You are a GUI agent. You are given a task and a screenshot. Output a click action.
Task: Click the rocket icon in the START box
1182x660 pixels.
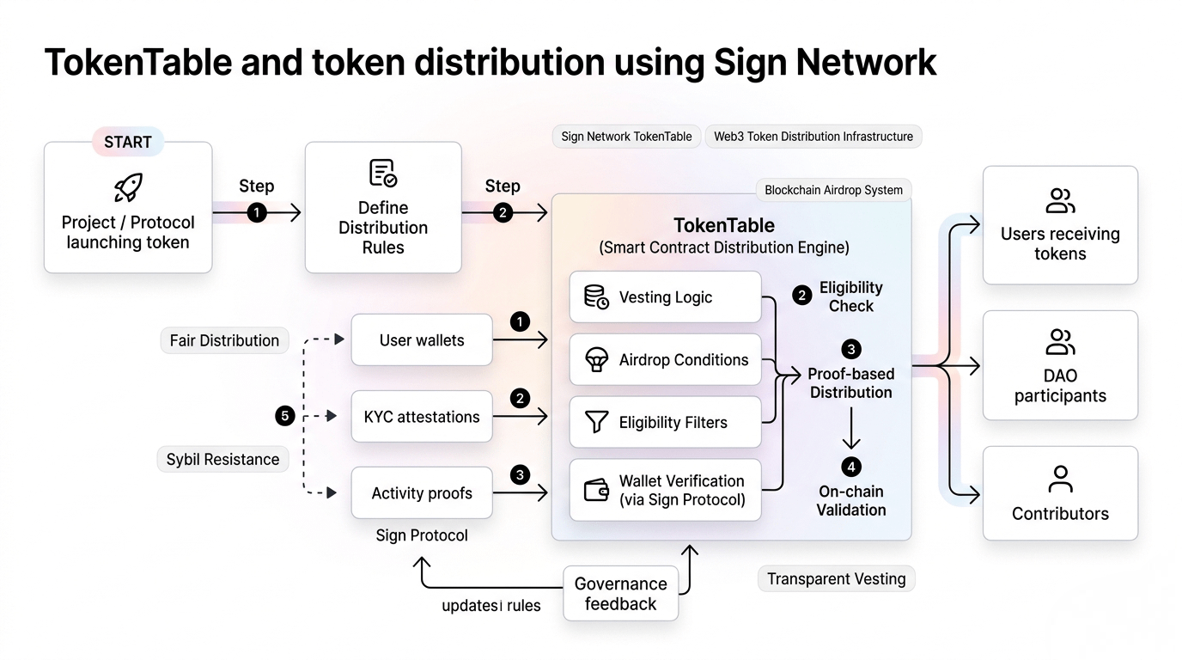point(128,188)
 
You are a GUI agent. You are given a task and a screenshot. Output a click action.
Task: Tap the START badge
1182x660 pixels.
point(128,142)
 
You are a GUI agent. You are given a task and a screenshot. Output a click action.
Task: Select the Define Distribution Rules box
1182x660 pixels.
point(383,208)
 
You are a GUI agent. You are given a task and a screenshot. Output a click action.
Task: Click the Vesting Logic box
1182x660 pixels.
point(666,297)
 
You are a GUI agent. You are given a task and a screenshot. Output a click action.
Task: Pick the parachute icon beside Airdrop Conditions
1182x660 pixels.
point(596,360)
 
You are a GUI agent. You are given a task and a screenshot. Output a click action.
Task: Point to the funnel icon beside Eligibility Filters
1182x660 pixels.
point(596,422)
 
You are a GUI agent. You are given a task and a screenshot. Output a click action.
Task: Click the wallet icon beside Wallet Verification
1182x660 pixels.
point(596,490)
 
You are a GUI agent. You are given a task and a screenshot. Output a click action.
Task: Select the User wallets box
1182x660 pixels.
point(422,340)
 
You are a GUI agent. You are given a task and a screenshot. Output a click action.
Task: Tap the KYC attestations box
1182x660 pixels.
point(422,417)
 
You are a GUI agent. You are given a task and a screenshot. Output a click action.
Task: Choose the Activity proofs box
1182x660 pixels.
point(422,493)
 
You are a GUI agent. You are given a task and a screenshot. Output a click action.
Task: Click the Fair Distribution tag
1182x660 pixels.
point(224,340)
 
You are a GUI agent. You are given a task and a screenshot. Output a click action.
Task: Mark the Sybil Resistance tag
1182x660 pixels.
point(222,459)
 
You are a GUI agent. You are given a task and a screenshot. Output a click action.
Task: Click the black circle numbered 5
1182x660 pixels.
point(285,417)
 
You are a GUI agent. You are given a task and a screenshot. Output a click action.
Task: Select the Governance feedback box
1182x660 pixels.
point(620,594)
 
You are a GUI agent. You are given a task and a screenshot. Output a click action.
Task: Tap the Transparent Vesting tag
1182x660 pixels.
point(836,579)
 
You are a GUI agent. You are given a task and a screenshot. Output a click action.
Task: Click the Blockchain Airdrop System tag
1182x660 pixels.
point(833,190)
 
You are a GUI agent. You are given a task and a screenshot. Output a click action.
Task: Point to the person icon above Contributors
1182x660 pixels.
point(1061,478)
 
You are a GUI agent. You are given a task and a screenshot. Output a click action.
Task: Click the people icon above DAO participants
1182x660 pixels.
point(1061,342)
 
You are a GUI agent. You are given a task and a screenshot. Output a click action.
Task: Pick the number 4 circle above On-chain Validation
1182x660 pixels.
point(851,467)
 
